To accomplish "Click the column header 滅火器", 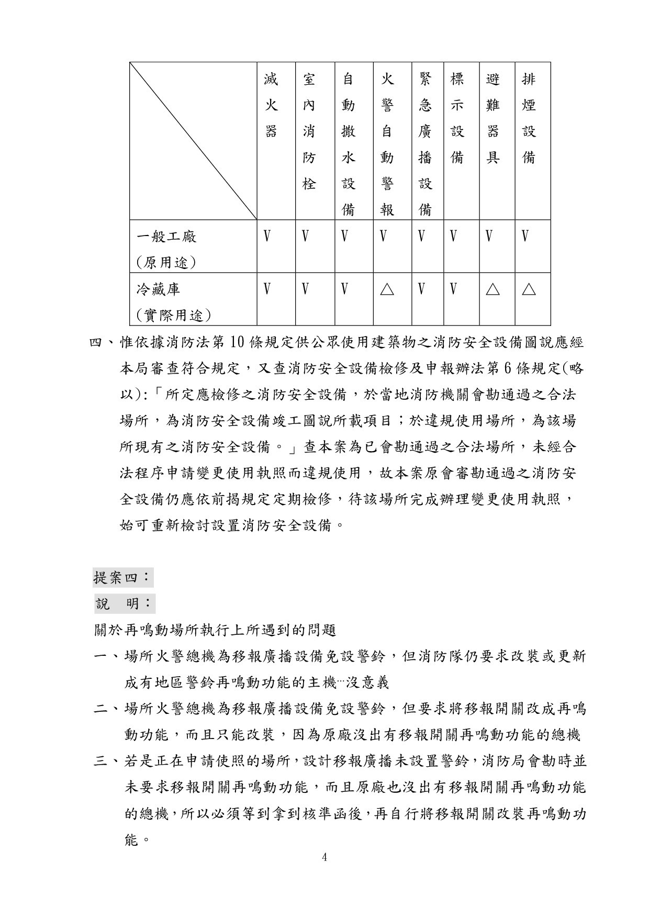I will click(271, 105).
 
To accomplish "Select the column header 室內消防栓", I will click(309, 131).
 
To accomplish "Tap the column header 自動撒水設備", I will click(348, 144).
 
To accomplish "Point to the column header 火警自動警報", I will click(387, 144).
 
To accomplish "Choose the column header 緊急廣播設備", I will click(426, 144).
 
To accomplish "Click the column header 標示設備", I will click(457, 118).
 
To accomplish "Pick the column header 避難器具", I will click(493, 118).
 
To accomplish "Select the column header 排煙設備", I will click(529, 118).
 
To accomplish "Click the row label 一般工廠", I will click(167, 237).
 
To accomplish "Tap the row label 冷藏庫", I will click(159, 289).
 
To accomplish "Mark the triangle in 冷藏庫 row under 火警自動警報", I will click(387, 289).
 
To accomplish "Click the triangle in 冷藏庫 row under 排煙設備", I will click(529, 289).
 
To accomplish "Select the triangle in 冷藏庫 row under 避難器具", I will click(493, 289).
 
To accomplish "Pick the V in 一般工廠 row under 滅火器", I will click(267, 237).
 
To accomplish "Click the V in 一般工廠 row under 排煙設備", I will click(525, 237).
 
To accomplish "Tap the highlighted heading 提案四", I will click(122, 578).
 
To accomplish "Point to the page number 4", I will click(324, 857).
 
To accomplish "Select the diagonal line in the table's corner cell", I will click(194, 141).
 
